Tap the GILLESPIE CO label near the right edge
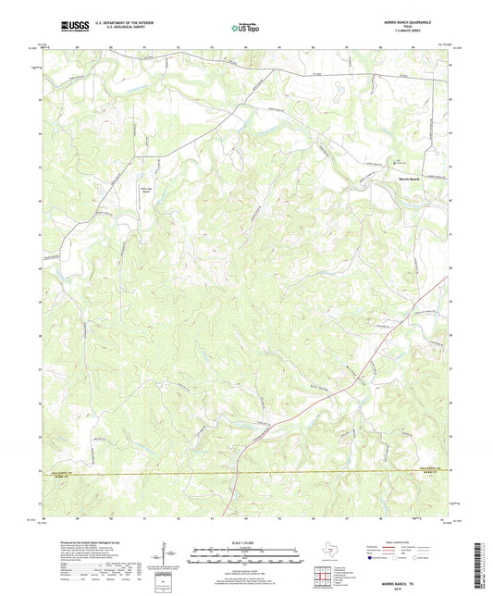424,468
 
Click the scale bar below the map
246,555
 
